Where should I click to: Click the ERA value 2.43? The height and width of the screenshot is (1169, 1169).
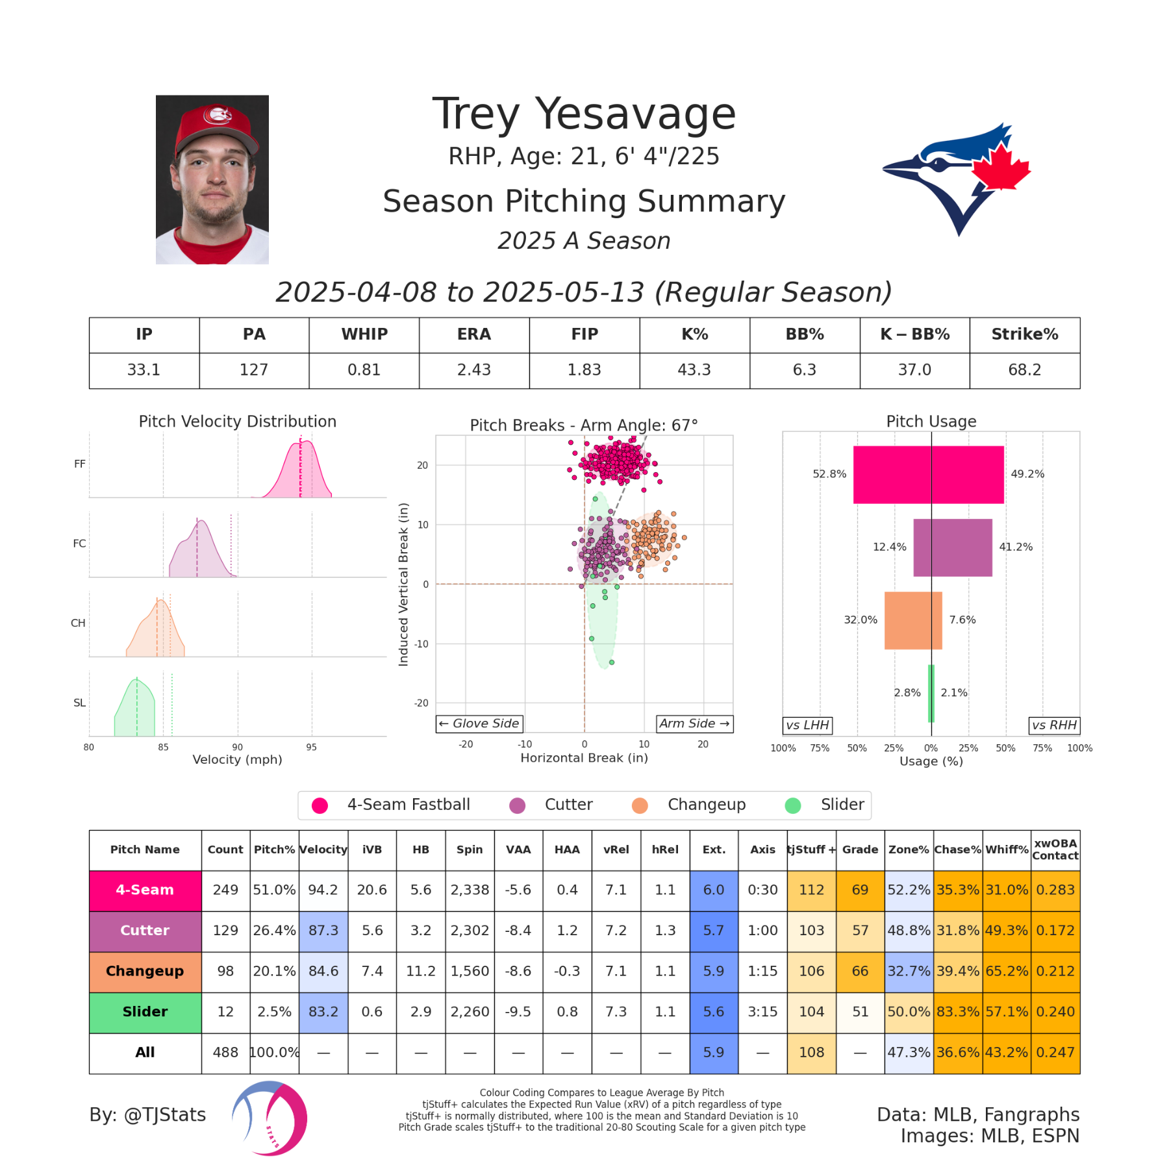pos(473,370)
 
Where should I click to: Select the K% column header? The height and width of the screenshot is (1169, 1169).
pos(694,334)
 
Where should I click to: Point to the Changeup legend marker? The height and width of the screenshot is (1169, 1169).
pos(640,805)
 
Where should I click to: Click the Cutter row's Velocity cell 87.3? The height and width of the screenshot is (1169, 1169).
pos(323,931)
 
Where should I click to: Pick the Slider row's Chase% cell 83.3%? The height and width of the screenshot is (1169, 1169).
pos(958,1012)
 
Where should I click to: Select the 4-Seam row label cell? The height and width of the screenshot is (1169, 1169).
pos(145,890)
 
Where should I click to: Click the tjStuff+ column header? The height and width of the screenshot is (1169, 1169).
pos(811,849)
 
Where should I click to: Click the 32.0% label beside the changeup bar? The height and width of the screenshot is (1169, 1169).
pos(860,620)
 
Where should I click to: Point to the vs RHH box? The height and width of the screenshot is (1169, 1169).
pos(1054,725)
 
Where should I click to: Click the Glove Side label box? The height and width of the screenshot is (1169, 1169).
pos(479,723)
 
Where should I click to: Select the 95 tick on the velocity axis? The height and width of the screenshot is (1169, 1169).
pos(312,748)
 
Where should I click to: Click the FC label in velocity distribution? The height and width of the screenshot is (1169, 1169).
pos(79,544)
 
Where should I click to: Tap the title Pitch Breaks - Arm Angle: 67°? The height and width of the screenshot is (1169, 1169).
pos(583,425)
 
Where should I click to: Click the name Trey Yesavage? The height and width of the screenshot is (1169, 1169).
pos(583,114)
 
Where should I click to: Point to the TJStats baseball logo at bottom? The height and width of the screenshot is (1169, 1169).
pos(270,1118)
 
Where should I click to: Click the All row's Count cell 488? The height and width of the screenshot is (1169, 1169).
pos(225,1053)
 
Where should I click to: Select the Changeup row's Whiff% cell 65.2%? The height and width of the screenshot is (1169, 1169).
pos(1007,972)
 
